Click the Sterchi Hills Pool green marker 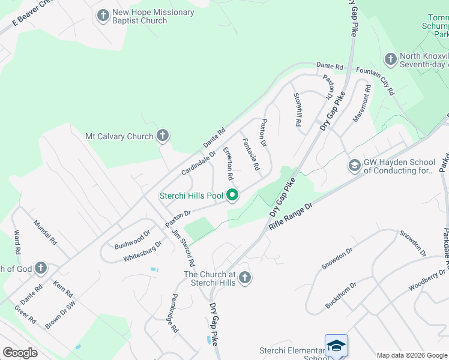pyautogui.click(x=232, y=196)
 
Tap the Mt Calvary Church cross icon pyautogui.click(x=162, y=136)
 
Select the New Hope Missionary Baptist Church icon pyautogui.click(x=103, y=16)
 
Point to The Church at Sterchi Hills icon pyautogui.click(x=244, y=278)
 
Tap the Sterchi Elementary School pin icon pyautogui.click(x=336, y=346)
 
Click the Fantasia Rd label pyautogui.click(x=252, y=153)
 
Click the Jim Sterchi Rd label pyautogui.click(x=183, y=248)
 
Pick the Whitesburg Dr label pyautogui.click(x=142, y=251)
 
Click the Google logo pyautogui.click(x=20, y=352)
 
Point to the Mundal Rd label pyautogui.click(x=45, y=232)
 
